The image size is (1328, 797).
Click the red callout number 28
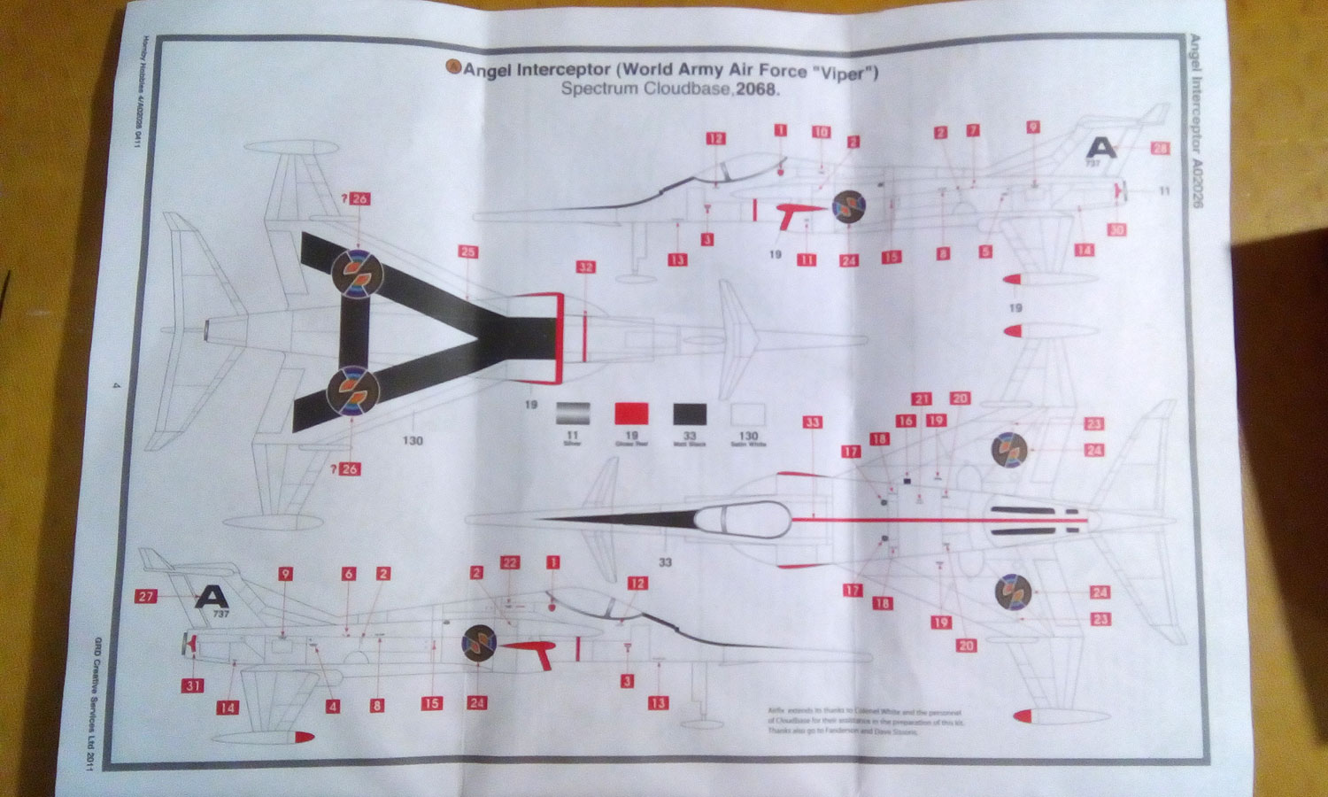(1161, 149)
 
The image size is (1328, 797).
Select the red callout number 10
(822, 133)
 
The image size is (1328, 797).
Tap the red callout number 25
(467, 252)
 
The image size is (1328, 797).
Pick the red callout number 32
(584, 267)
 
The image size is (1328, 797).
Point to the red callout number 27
(146, 597)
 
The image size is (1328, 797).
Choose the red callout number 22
(510, 562)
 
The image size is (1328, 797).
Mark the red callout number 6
(348, 574)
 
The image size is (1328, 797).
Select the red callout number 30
(1117, 229)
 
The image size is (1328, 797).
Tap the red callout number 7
(973, 131)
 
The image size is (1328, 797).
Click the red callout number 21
(923, 399)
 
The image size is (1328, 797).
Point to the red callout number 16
(905, 422)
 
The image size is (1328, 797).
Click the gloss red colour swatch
(631, 414)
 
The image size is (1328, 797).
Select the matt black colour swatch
(690, 414)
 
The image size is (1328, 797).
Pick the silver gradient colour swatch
(573, 414)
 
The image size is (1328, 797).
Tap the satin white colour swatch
(748, 414)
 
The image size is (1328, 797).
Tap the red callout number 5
(985, 252)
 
